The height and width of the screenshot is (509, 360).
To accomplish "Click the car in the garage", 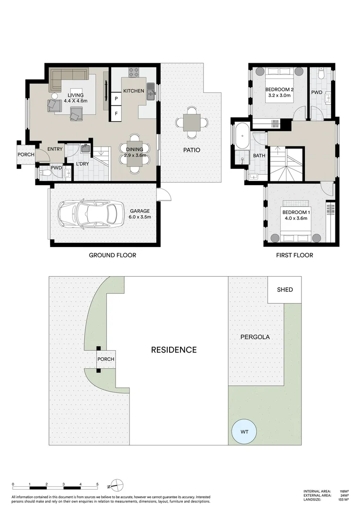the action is coord(91,214).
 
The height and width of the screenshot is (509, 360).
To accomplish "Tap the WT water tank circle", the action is coord(244,431).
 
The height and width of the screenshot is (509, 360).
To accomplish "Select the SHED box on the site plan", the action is coord(284,289).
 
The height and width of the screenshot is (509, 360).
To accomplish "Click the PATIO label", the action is coord(191,150).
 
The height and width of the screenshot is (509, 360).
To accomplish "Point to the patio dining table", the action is coord(191,123).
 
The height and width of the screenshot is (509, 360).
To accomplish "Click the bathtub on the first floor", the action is coord(242,136).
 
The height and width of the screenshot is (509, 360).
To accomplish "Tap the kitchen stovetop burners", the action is coord(134,72).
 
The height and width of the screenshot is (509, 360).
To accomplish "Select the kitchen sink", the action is coord(151,91).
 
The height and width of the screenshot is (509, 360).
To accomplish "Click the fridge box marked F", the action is coord(116,114).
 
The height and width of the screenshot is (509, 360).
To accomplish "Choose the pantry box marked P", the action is coord(116,99).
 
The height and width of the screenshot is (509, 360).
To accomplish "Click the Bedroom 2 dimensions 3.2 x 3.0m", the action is coord(279,95).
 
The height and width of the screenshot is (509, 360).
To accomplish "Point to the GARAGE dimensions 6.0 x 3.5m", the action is coord(140,217).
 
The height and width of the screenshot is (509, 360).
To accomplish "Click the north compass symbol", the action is coord(116,484).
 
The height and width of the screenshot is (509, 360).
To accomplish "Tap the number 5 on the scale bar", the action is coord(98,484).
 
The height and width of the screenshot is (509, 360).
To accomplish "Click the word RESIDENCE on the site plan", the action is coord(174,350).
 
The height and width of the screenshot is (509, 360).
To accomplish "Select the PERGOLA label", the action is coord(255,337).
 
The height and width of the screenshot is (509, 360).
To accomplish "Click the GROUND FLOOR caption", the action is coord(112,255).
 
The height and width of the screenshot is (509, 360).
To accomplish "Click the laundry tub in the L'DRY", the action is coord(85,148).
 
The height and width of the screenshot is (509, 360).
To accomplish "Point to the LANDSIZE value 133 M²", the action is coord(344,500).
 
